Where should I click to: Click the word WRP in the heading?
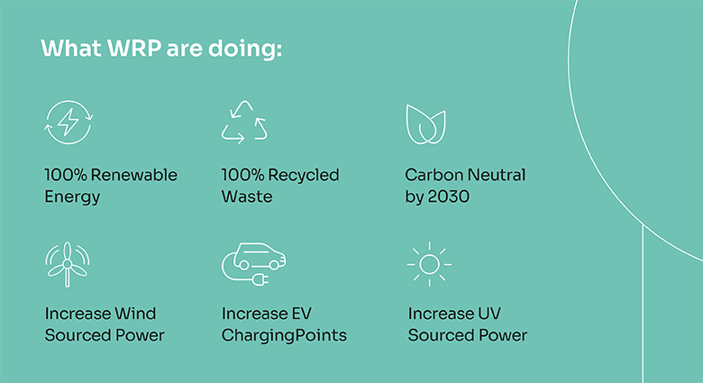click(x=134, y=48)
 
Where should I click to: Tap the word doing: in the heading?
click(x=245, y=48)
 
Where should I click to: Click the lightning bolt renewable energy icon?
click(x=68, y=122)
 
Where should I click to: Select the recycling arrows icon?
click(x=244, y=122)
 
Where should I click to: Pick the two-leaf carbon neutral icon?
click(x=426, y=124)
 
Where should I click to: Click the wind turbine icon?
click(x=68, y=264)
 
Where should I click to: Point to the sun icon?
click(x=429, y=264)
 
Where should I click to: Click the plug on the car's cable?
click(x=260, y=280)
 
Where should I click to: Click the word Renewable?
click(x=134, y=175)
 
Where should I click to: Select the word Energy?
click(x=72, y=196)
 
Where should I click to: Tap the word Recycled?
click(x=304, y=175)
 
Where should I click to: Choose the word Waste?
click(x=247, y=196)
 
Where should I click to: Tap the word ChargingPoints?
click(x=284, y=335)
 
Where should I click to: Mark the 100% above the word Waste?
click(x=242, y=175)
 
